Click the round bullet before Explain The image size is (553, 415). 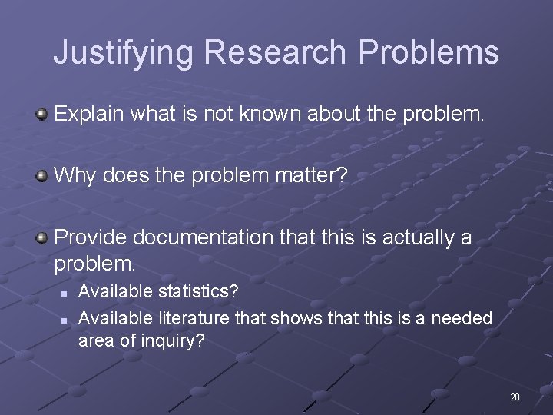tap(42, 115)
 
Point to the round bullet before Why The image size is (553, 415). tap(42, 177)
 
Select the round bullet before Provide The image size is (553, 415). tap(42, 238)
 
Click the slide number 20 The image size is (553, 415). tap(515, 397)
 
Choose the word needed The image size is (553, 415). tap(462, 317)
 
